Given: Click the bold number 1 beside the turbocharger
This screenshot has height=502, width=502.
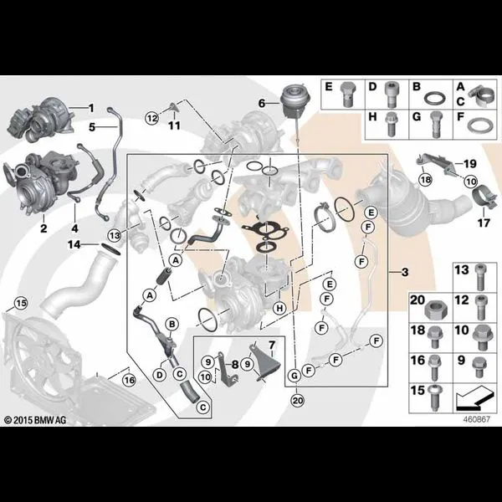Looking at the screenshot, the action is tap(91, 108).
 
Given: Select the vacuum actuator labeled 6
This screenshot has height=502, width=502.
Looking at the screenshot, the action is tap(292, 100).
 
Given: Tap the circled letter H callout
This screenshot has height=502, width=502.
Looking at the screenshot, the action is tap(279, 308).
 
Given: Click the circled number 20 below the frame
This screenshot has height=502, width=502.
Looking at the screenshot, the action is tap(297, 401).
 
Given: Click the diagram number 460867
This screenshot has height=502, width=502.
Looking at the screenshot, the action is tap(477, 419).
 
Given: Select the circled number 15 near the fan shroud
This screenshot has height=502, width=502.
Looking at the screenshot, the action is tap(22, 303).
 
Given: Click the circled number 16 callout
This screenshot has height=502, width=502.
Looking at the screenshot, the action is tap(130, 381).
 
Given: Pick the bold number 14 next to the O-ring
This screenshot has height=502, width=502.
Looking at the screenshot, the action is tap(74, 245).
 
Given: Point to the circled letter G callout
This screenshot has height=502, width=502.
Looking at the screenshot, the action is tap(295, 375).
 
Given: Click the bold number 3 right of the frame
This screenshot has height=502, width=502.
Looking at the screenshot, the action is tap(405, 272).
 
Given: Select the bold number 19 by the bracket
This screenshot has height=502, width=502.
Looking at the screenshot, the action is tap(470, 164).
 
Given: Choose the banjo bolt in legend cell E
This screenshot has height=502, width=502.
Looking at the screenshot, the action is tap(347, 95).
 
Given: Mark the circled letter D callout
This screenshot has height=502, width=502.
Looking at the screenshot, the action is tap(160, 375).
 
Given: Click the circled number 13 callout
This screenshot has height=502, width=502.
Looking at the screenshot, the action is tap(115, 236).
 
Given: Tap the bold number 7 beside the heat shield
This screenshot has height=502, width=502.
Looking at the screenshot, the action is tap(272, 345).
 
